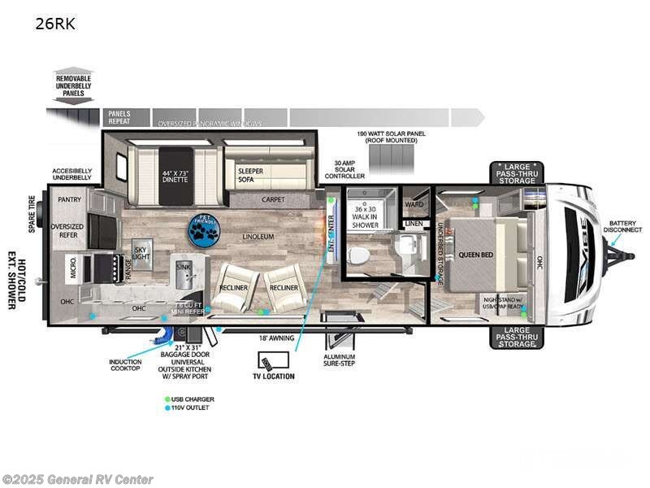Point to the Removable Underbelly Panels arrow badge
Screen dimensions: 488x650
[x=73, y=85]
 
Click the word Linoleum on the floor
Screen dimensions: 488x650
[x=258, y=237]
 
